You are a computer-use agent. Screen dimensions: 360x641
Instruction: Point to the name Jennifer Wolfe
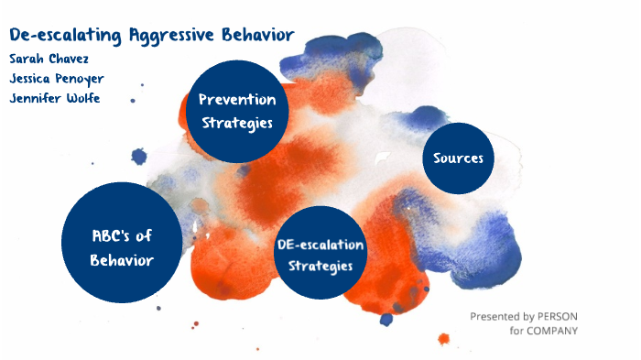click(54, 99)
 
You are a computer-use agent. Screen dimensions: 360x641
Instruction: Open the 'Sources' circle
click(458, 158)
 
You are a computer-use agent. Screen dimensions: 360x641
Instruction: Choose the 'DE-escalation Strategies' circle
click(320, 253)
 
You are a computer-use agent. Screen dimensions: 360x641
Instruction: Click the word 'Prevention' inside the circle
click(236, 99)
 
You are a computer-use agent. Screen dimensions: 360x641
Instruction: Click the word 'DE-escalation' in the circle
click(320, 245)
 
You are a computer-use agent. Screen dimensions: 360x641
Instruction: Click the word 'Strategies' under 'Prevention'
click(236, 123)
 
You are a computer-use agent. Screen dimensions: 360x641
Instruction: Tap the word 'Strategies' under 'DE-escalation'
click(320, 266)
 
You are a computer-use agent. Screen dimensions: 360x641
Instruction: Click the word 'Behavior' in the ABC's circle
click(122, 260)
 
